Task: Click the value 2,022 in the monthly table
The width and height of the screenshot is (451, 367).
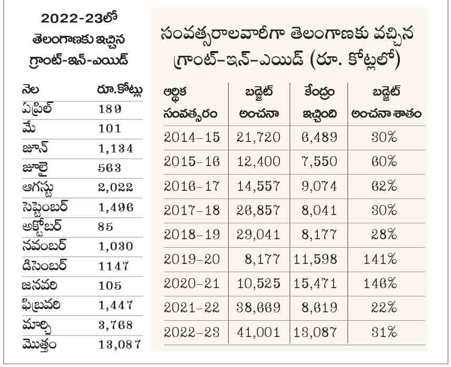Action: (x=116, y=187)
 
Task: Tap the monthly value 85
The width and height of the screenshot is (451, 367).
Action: (x=106, y=227)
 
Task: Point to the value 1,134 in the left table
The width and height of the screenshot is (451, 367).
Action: (x=116, y=148)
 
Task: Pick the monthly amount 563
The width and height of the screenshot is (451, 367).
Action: (x=109, y=168)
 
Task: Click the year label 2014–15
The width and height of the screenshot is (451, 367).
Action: (x=192, y=137)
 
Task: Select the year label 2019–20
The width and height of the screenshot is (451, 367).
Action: (x=192, y=259)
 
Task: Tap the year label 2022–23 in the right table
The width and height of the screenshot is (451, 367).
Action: (x=192, y=331)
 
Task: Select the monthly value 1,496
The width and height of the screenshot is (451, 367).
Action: (x=116, y=207)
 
